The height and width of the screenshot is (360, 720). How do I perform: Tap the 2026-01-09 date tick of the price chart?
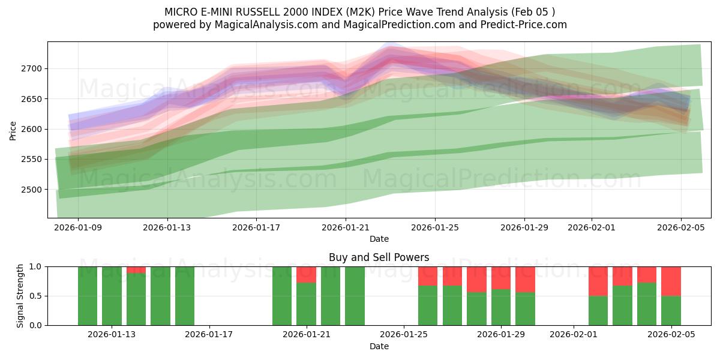(78, 227)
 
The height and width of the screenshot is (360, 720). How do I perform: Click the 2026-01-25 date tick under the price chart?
(435, 227)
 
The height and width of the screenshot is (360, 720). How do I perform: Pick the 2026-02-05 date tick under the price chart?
(680, 227)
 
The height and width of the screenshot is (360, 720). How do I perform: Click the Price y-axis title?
(13, 130)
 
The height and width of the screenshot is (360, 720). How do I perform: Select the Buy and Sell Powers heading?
(379, 257)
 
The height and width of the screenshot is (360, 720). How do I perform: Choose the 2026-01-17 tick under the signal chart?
(209, 335)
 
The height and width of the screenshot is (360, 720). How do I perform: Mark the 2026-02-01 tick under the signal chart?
(574, 335)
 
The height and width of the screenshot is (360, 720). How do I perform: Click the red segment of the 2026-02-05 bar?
(671, 281)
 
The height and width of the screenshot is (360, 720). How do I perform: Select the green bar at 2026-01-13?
(112, 296)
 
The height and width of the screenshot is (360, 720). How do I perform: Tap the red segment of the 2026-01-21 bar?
(306, 274)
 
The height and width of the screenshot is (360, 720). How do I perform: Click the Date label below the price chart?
(379, 239)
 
